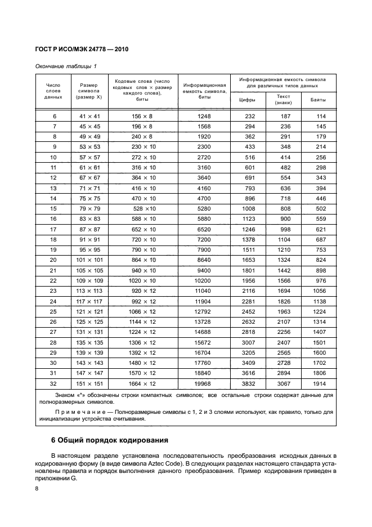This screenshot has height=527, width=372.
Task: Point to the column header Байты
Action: coord(318,100)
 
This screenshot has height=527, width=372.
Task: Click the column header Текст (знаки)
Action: coord(283,100)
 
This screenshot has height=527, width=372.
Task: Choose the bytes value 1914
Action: coord(320,383)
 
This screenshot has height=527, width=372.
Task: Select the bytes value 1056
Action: coord(320,291)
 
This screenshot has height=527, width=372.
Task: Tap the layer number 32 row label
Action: coord(54,383)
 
